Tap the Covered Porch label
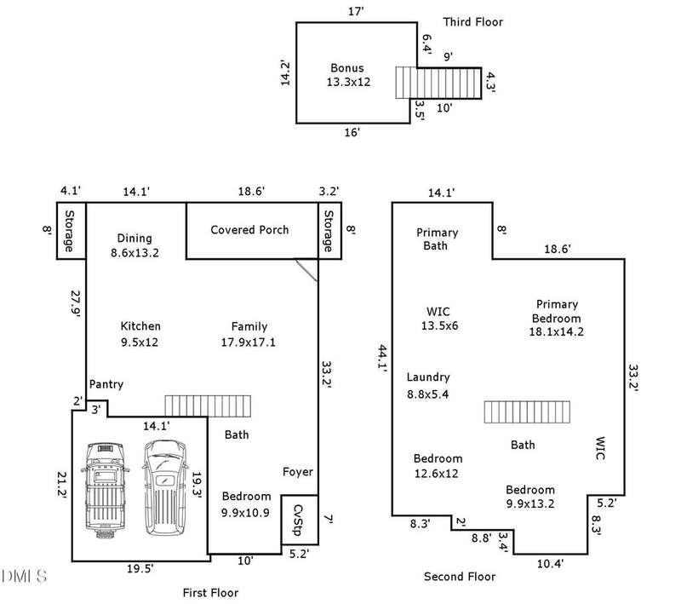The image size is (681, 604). click(x=249, y=230)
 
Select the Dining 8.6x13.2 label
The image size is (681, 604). click(x=135, y=245)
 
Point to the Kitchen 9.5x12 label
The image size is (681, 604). click(x=140, y=334)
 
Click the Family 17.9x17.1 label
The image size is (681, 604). click(x=249, y=334)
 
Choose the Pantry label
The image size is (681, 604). click(x=106, y=384)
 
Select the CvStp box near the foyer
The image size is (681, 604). click(x=299, y=519)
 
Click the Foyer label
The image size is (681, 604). click(x=298, y=472)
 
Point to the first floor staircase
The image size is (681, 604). click(x=208, y=405)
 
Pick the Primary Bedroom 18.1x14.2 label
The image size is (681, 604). click(x=557, y=312)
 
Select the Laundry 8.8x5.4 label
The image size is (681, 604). click(x=427, y=385)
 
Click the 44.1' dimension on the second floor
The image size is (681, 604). click(x=381, y=358)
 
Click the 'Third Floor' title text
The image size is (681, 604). click(x=473, y=21)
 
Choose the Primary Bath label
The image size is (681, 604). click(x=437, y=239)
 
